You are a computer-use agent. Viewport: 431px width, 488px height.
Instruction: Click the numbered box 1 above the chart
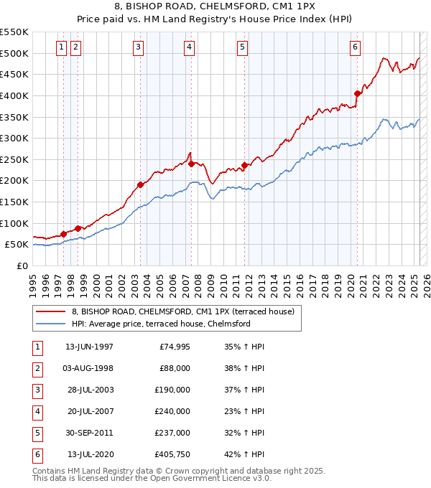coord(61,47)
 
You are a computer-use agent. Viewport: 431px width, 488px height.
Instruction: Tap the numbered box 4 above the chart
coord(188,47)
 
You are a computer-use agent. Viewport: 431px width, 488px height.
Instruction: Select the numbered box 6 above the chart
coord(355,47)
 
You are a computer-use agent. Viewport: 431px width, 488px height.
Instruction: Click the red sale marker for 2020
coord(357,93)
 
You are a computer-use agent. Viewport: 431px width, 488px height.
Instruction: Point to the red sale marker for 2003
coord(140,184)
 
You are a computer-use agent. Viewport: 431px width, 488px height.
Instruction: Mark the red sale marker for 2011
coord(245,165)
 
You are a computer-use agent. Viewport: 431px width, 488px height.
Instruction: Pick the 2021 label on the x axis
coord(363,282)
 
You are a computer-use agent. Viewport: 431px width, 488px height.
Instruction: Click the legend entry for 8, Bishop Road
coord(183,311)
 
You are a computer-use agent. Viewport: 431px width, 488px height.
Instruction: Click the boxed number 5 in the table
coord(37,433)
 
